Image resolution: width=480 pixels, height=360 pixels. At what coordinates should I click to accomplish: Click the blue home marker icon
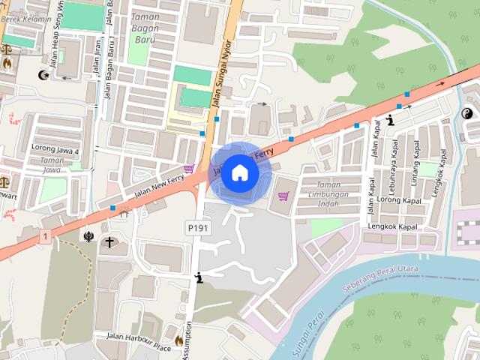(239, 172)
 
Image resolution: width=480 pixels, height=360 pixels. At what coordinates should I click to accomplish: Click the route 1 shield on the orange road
(46, 237)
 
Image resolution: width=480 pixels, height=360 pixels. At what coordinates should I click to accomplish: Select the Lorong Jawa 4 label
(55, 148)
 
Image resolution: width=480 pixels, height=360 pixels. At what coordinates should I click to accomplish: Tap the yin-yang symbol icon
(466, 114)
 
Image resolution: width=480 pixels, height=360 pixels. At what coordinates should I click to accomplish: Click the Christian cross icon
(110, 242)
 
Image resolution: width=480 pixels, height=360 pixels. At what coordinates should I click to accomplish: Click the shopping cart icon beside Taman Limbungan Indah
(283, 196)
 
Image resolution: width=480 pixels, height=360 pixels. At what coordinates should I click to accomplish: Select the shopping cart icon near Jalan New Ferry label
(189, 169)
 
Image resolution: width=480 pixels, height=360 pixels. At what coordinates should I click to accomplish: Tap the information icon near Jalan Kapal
(390, 120)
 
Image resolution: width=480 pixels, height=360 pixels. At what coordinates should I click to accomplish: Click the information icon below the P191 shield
(198, 277)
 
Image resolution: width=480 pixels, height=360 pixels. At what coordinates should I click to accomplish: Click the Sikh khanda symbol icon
(88, 238)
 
